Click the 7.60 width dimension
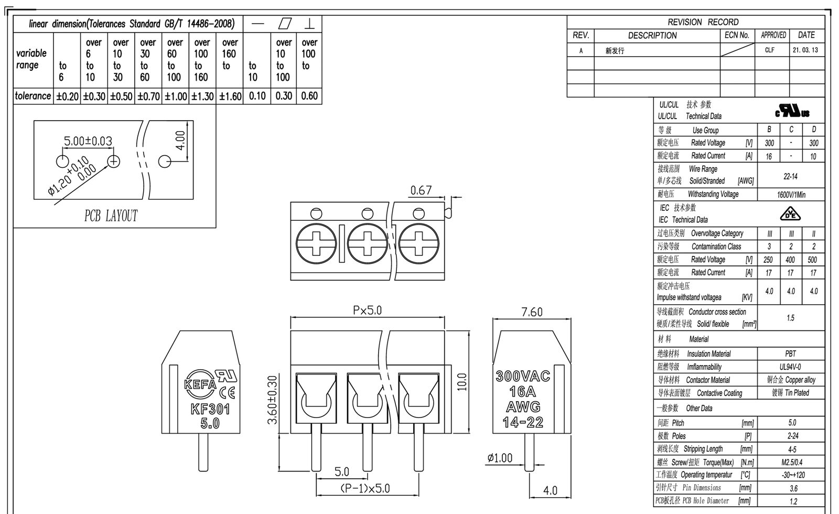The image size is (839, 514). [532, 312]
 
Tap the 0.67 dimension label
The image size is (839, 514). [421, 190]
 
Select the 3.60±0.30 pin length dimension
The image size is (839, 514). [272, 400]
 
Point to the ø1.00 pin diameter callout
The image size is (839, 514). [500, 458]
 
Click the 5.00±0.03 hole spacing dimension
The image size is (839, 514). [88, 141]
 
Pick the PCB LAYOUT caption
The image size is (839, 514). [111, 216]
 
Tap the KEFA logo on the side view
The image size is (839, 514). [200, 384]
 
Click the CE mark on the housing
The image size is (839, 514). [227, 393]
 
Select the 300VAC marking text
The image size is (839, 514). [523, 376]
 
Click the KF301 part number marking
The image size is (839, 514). [210, 409]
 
